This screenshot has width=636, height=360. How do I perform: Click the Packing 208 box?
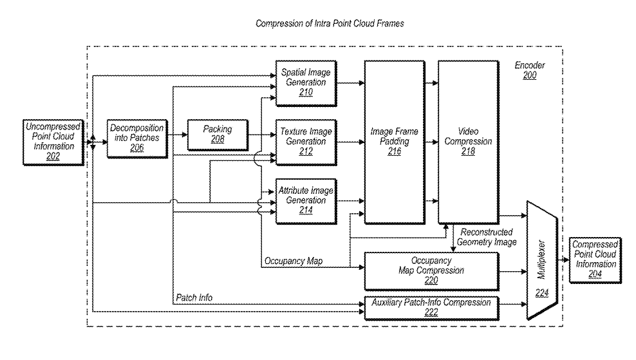tap(216, 134)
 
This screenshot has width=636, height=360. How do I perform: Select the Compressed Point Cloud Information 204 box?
tap(595, 259)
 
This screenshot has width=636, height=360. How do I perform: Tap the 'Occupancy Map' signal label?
tap(294, 261)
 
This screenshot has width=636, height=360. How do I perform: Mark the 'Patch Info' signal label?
tap(194, 298)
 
